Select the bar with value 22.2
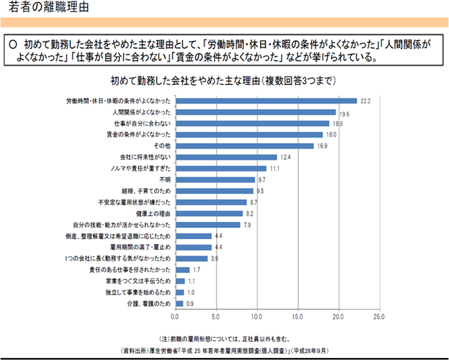266,101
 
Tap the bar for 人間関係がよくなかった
256,112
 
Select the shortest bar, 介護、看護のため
180,303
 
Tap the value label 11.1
274,169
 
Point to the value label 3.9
214,258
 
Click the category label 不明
163,180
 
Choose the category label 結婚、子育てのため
144,191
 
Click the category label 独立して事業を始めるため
137,292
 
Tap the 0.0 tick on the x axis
176,316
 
